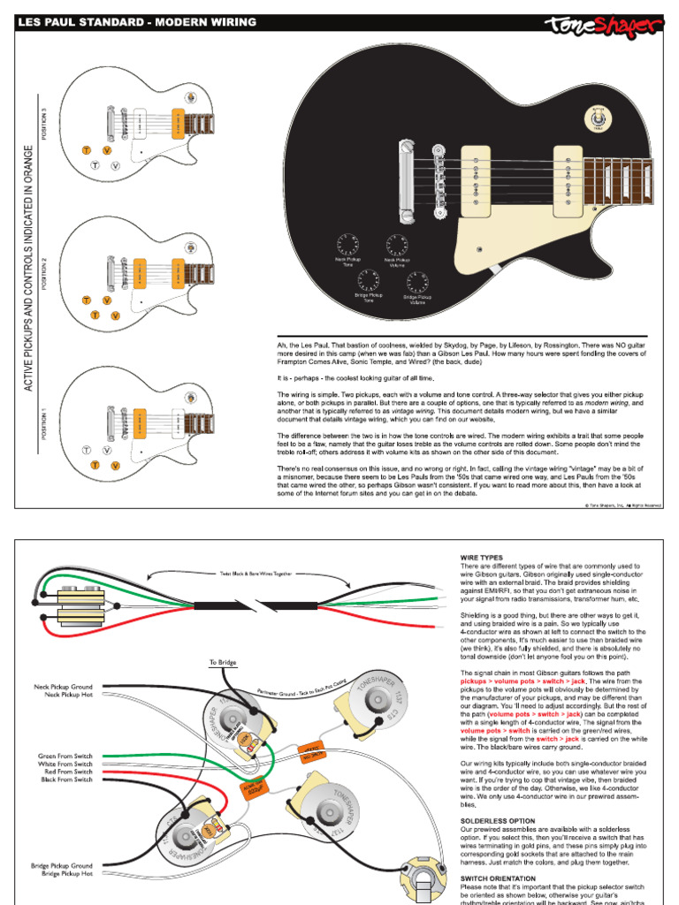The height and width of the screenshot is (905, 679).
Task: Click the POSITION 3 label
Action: coord(45,125)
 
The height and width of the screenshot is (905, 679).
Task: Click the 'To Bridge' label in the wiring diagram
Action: coord(224,662)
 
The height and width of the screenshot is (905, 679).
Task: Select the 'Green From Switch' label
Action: coord(65,757)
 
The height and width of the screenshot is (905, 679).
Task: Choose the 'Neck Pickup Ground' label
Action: coord(63,686)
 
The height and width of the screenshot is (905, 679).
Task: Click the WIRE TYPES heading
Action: coord(482,559)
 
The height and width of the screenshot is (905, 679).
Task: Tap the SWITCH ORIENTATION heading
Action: coord(500,878)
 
